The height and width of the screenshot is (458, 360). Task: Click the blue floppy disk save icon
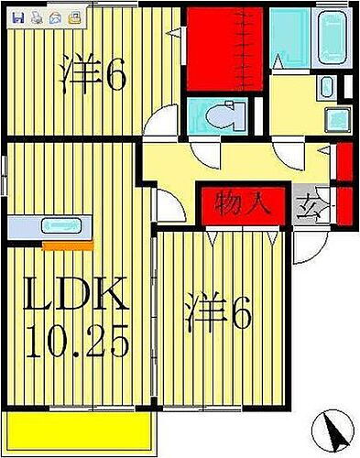click(19, 16)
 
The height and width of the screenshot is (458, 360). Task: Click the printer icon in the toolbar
click(37, 16)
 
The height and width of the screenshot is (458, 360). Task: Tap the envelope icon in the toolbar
click(55, 16)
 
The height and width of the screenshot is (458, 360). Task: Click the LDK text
click(75, 297)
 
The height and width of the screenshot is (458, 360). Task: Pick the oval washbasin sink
click(327, 88)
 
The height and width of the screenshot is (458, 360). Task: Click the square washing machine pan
click(338, 119)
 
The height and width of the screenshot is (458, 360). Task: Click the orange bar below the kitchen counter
click(67, 245)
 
